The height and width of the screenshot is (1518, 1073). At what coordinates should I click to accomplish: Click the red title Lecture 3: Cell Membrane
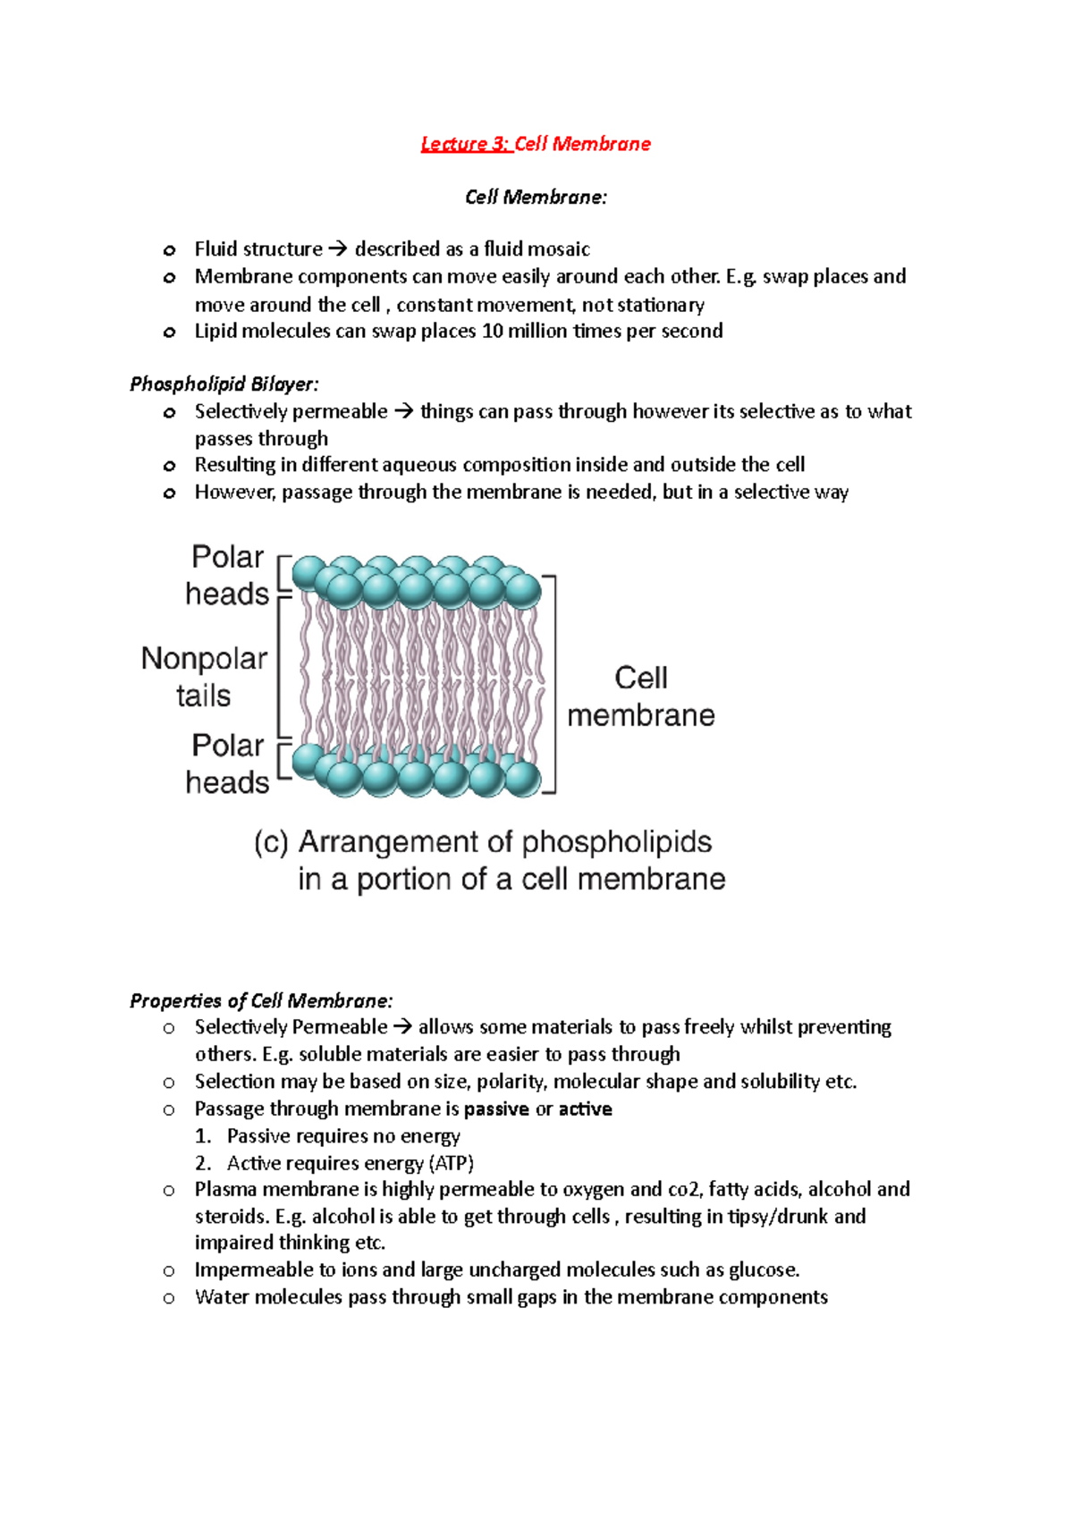536,144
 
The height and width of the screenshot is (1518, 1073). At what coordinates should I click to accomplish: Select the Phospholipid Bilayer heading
224,384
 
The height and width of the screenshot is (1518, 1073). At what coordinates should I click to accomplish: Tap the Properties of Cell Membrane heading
261,1000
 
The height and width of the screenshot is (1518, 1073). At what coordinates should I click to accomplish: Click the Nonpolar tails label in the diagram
204,677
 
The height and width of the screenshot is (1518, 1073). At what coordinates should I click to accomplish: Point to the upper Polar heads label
227,575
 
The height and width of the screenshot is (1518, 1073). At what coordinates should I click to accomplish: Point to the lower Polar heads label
227,763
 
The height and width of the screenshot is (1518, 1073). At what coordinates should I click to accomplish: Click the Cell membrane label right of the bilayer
641,696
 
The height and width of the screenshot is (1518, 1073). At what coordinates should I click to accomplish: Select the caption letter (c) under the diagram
271,843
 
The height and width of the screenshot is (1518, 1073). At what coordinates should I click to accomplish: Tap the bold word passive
496,1109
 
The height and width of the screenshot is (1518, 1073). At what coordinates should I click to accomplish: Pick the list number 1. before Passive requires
203,1136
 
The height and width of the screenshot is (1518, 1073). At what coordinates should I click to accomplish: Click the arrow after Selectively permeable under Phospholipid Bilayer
403,412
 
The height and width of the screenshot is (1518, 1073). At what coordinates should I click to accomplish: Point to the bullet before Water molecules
169,1298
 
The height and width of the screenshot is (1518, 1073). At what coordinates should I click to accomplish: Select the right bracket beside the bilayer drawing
553,685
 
